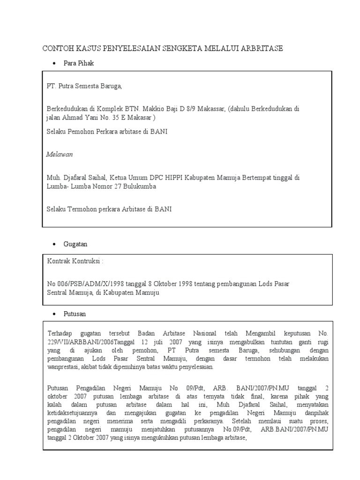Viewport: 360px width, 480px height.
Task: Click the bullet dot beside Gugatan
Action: click(54, 245)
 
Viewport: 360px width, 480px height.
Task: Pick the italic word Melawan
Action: click(60, 154)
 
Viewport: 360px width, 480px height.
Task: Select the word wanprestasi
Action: click(62, 367)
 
